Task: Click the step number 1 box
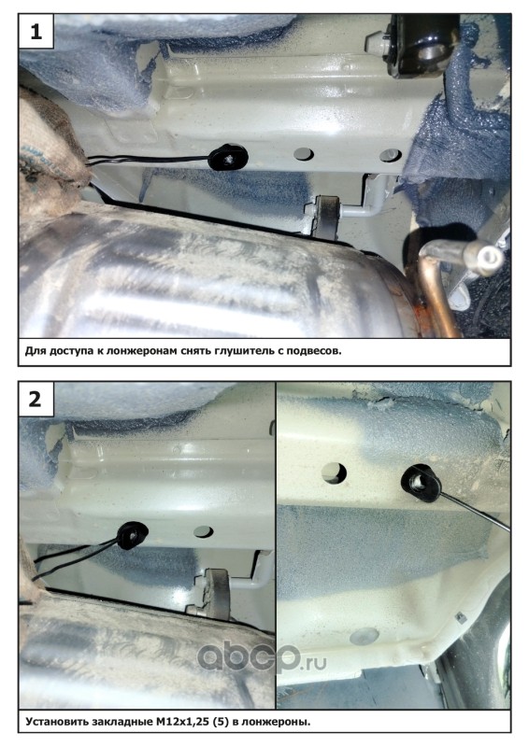tap(36, 31)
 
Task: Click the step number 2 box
tap(36, 399)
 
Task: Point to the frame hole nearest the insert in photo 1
tap(304, 154)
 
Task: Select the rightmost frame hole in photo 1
tap(390, 155)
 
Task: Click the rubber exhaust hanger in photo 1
tap(326, 216)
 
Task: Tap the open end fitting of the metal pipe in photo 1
tap(486, 258)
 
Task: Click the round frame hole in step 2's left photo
tap(204, 532)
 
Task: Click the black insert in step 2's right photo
tap(421, 483)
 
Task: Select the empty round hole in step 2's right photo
tap(334, 472)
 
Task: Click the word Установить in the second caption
tap(55, 722)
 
